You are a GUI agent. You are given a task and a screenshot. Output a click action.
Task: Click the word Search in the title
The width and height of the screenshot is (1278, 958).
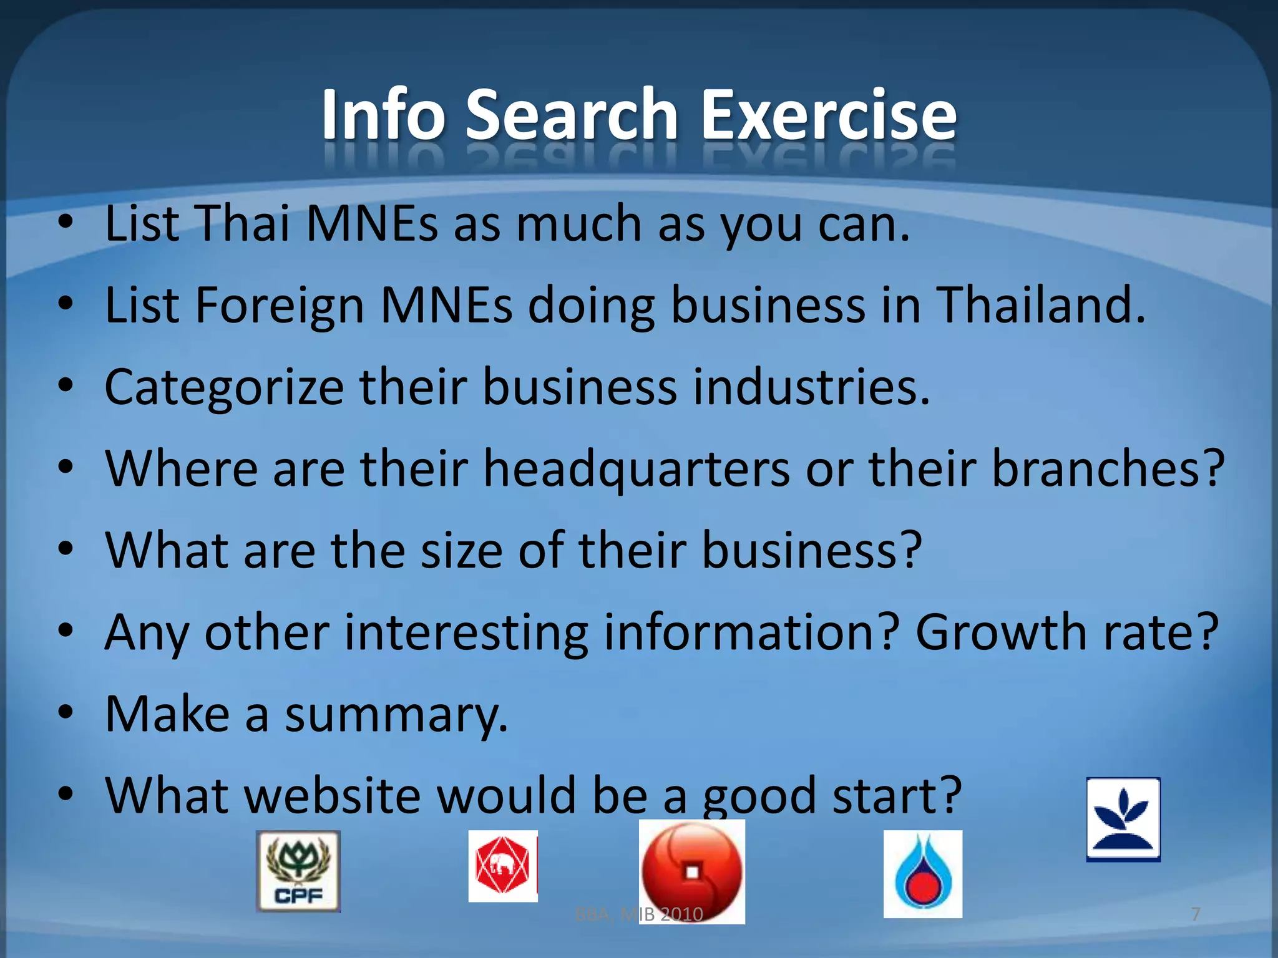tap(571, 115)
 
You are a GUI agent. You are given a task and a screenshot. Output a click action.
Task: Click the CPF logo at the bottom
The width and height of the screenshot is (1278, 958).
tap(298, 871)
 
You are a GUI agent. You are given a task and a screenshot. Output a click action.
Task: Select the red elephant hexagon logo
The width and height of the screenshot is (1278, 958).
tap(503, 866)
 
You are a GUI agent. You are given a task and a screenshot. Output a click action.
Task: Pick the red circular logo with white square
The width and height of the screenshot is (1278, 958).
tap(692, 871)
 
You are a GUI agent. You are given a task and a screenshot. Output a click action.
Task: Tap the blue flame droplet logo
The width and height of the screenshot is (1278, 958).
tap(922, 874)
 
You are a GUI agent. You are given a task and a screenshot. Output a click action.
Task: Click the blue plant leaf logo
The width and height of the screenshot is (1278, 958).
tap(1123, 819)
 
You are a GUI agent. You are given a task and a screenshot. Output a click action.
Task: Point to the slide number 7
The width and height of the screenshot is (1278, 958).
tap(1196, 914)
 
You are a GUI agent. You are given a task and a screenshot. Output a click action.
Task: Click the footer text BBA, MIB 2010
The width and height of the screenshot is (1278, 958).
tap(638, 915)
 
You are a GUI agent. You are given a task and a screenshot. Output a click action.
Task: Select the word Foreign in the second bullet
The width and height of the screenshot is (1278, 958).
tap(280, 306)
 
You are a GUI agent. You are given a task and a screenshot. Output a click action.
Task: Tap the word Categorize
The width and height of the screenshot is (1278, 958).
tap(224, 387)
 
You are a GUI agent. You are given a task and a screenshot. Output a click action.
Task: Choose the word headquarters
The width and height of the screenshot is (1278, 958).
tap(637, 469)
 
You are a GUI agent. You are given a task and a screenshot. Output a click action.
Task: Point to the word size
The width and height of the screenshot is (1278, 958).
tap(461, 551)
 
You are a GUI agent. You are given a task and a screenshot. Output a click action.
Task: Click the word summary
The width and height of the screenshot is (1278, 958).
tap(396, 715)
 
